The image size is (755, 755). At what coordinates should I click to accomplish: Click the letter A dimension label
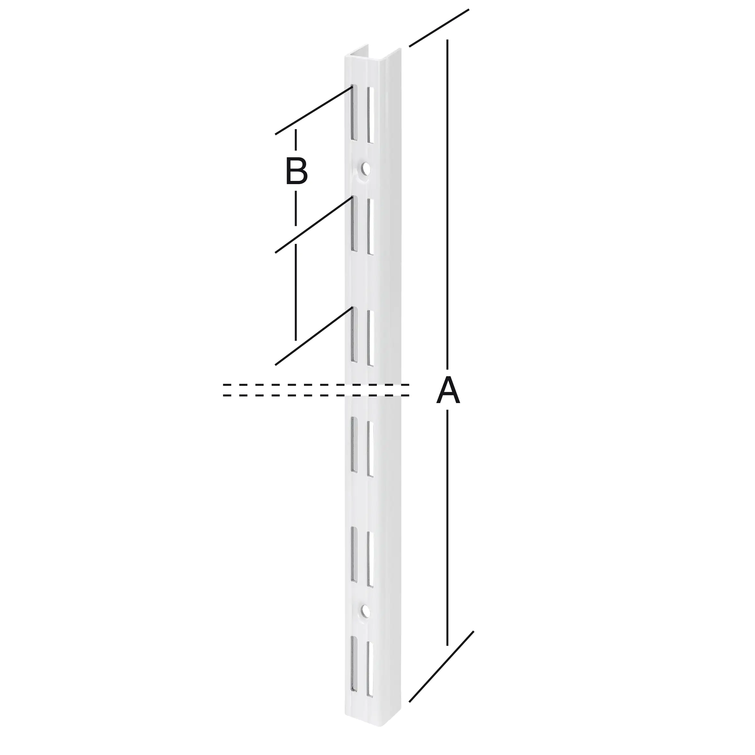pyautogui.click(x=448, y=391)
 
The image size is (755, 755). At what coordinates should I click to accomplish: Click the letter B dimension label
pyautogui.click(x=297, y=171)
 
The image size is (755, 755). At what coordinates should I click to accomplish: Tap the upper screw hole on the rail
pyautogui.click(x=365, y=168)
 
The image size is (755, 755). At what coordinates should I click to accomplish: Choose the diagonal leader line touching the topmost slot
pyautogui.click(x=313, y=111)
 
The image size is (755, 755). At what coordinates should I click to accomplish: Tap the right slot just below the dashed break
pyautogui.click(x=370, y=449)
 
